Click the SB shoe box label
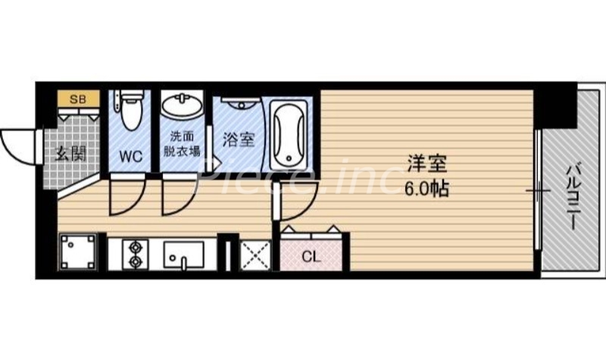(77, 99)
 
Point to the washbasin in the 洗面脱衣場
(181, 105)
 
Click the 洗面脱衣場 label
(182, 144)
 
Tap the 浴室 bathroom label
(238, 140)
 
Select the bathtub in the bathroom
(288, 136)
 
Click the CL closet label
(311, 256)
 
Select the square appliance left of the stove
(79, 252)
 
